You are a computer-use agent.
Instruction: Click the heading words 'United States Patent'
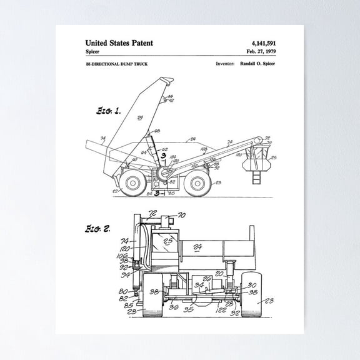(119, 43)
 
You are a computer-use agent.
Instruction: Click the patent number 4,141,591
(263, 43)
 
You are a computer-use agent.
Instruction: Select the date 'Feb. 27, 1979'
(261, 51)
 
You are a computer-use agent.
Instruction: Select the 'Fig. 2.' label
(98, 229)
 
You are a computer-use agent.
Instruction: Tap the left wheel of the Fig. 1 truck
(132, 183)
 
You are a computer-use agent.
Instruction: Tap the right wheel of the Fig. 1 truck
(197, 183)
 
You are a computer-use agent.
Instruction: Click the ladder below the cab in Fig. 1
(256, 177)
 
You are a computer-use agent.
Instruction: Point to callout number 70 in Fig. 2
(182, 216)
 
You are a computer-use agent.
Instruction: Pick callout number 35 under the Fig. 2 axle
(187, 308)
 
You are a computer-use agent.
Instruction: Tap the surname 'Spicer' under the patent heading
(94, 51)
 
